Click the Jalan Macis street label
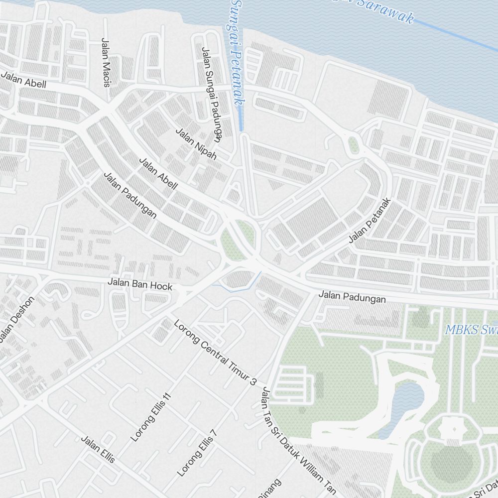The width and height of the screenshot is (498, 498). pos(105,63)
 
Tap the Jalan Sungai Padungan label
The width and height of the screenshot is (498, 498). pos(211,92)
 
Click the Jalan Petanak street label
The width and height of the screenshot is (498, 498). pos(370,221)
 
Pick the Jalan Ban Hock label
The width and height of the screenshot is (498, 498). pos(140,284)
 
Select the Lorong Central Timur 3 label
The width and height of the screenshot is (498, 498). pos(215,352)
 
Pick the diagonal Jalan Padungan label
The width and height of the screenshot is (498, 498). pos(130,195)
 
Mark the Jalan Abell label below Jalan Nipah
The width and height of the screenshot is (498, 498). pos(158,174)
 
